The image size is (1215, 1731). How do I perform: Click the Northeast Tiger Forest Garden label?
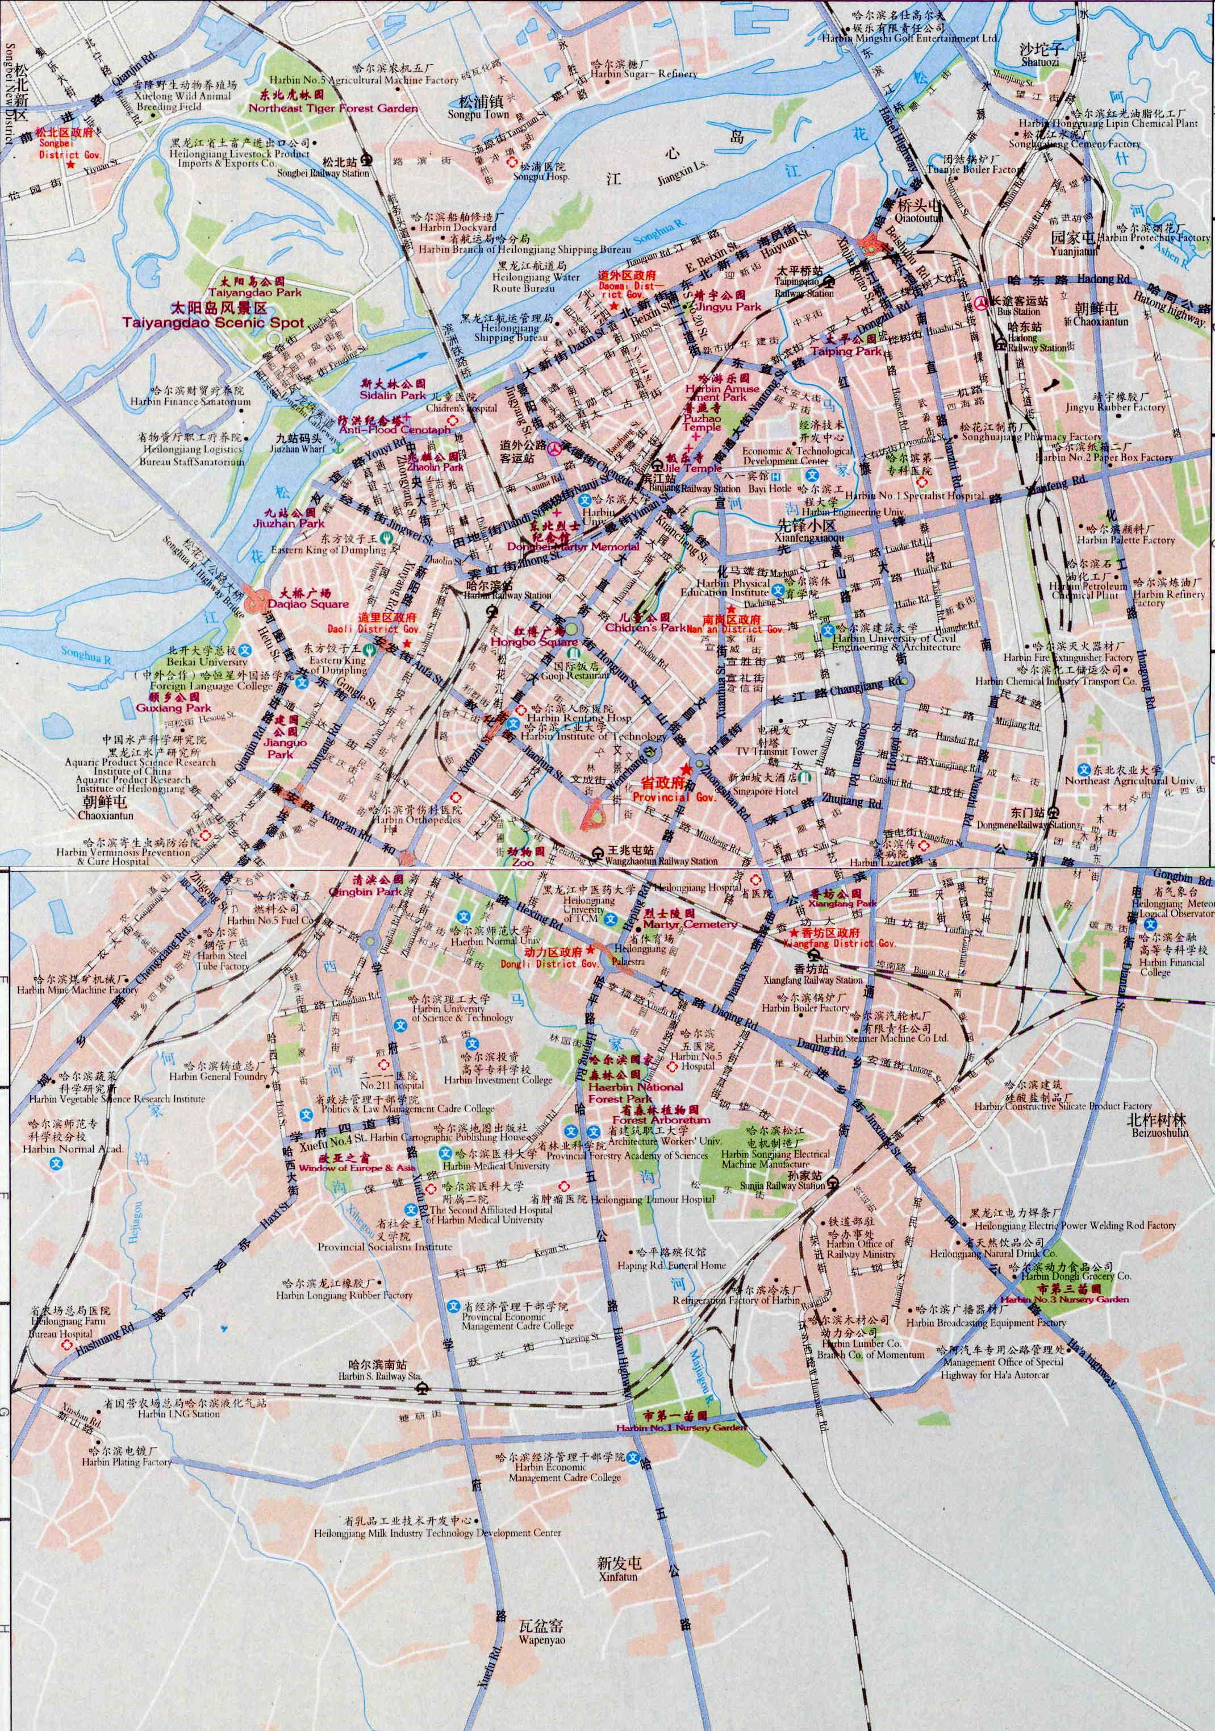[x=332, y=108]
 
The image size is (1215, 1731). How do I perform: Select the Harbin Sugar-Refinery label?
[x=643, y=74]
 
